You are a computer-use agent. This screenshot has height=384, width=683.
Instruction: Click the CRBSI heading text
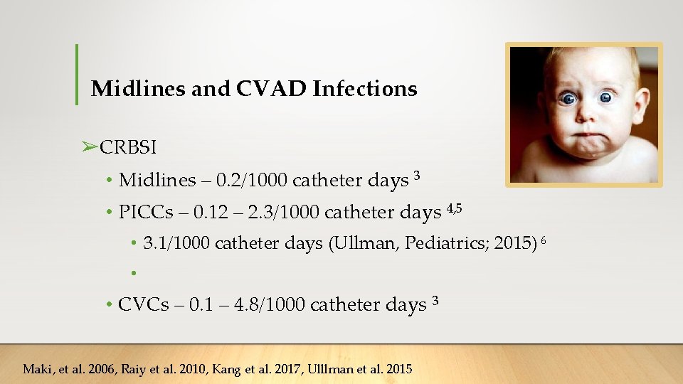click(128, 147)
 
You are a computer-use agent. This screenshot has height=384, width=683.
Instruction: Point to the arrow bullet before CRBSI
click(89, 147)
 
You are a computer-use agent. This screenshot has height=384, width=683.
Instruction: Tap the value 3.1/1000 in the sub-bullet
click(176, 244)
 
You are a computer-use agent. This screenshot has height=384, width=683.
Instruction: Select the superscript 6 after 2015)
click(544, 240)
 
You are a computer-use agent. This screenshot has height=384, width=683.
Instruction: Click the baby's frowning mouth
click(586, 133)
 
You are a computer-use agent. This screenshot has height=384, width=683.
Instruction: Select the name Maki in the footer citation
click(37, 368)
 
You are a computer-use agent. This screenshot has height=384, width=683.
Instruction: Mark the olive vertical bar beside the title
click(76, 74)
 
